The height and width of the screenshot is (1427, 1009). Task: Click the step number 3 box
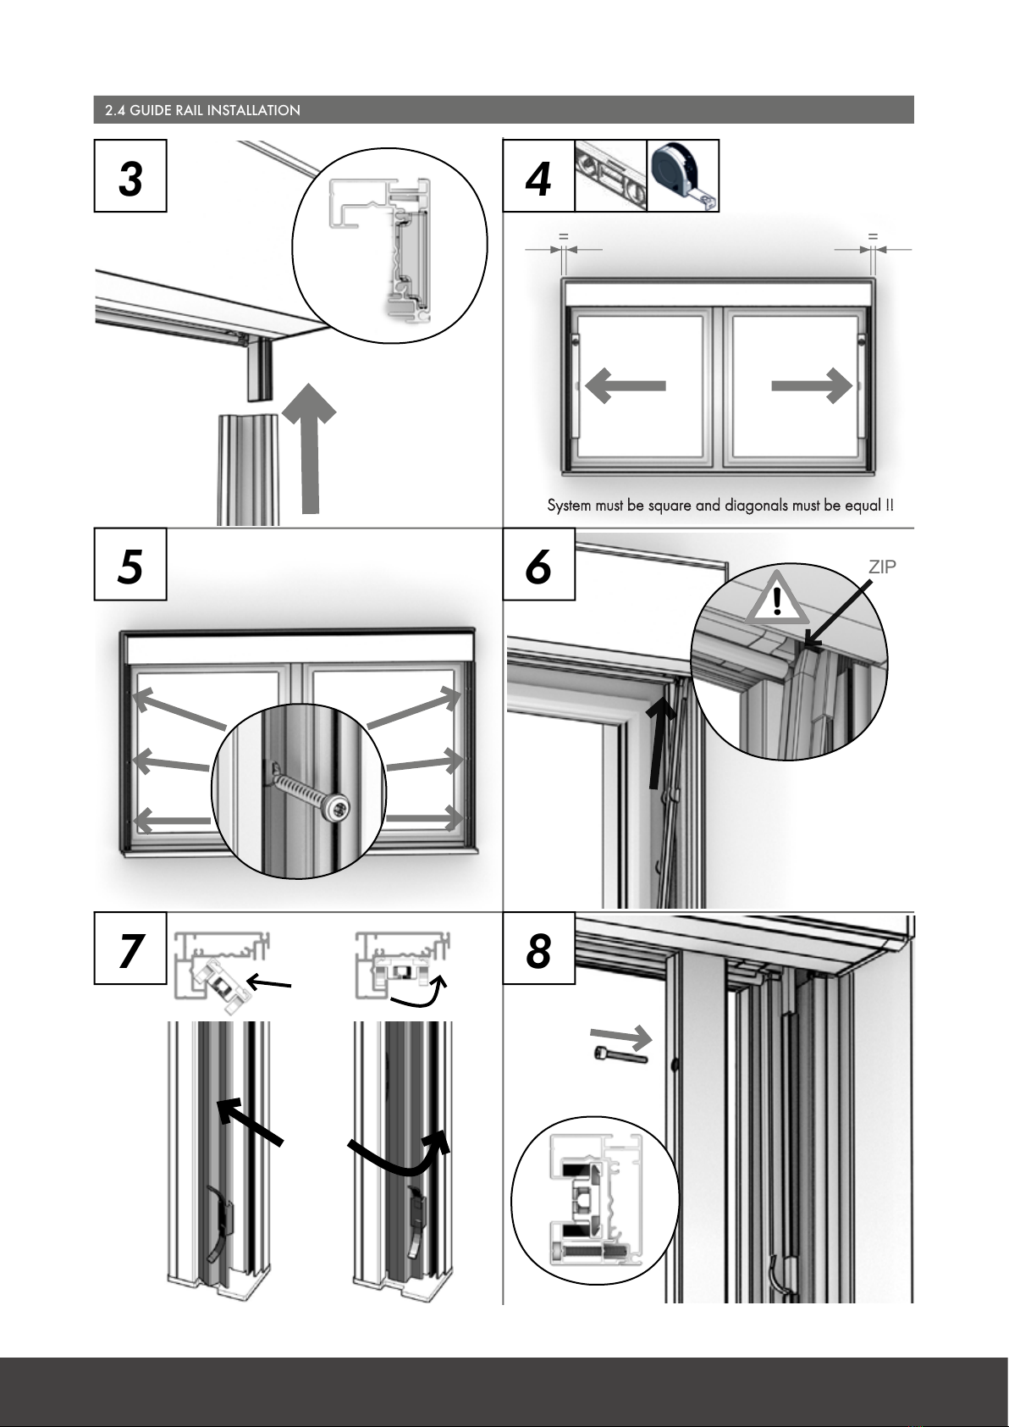pos(130,175)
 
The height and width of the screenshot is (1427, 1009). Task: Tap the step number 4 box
pos(538,175)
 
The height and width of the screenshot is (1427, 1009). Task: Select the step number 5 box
pos(130,564)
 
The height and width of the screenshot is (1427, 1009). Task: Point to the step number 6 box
pos(538,564)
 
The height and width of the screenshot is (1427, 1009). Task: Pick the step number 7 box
pos(130,949)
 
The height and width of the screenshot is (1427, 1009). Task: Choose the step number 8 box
pos(538,949)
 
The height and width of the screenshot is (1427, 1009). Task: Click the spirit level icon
pos(610,175)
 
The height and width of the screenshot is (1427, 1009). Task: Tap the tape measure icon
pos(683,175)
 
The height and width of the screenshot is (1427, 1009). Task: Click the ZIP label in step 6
pos(882,567)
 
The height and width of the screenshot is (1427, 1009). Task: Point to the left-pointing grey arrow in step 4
pos(626,386)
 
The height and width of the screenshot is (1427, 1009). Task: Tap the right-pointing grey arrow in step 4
pos(811,386)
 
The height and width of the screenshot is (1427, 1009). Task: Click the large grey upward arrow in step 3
pos(310,449)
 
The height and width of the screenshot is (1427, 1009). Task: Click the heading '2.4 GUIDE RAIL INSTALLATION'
pos(202,110)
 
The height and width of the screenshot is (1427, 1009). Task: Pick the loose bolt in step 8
pos(618,1055)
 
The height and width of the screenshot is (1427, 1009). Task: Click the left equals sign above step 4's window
pos(562,237)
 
